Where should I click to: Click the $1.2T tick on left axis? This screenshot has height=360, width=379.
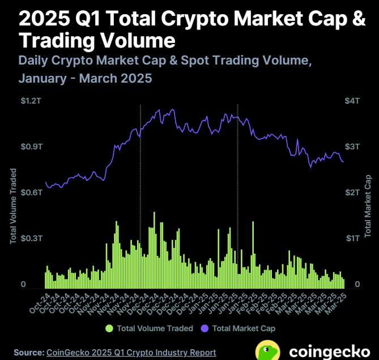coord(31,101)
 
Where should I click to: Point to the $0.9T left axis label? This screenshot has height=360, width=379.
coord(31,147)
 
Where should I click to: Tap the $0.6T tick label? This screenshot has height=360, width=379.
coord(31,192)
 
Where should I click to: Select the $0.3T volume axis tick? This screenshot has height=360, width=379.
coord(31,238)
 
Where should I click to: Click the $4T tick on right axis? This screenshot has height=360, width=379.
coord(352,101)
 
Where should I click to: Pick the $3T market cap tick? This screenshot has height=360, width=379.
coord(352,147)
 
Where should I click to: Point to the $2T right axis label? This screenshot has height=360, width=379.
coord(352,192)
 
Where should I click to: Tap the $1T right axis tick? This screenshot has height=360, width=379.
coord(352,238)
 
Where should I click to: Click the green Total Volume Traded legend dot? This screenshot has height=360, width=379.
coord(109,328)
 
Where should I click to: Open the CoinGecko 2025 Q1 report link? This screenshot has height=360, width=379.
coord(131,352)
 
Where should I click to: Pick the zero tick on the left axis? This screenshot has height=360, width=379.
coord(23,284)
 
